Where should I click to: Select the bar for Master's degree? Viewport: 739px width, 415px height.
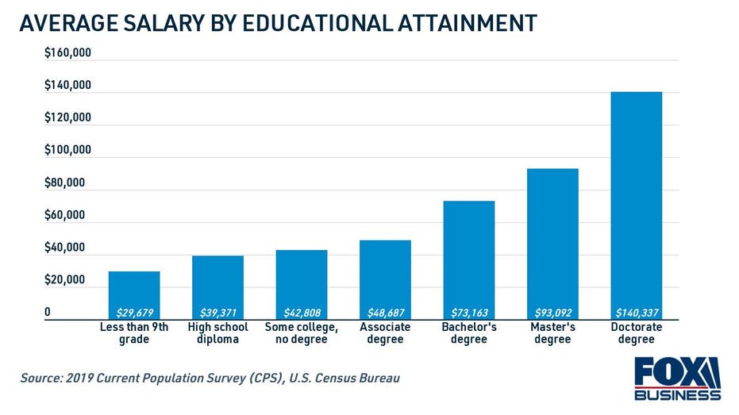click(x=552, y=238)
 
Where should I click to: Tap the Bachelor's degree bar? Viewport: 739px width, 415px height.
click(x=469, y=254)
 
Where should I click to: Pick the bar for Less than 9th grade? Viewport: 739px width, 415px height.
click(x=134, y=290)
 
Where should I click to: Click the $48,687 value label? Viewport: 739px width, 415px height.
click(x=385, y=313)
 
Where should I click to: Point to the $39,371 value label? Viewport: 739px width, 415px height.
click(x=217, y=313)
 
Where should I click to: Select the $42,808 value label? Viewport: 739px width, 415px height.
click(x=302, y=313)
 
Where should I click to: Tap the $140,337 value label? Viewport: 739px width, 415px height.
click(x=636, y=313)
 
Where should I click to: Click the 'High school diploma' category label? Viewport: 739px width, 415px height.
click(x=217, y=332)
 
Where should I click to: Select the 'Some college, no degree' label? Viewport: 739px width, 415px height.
click(x=302, y=332)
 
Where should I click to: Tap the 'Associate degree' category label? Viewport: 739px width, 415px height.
click(x=385, y=332)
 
